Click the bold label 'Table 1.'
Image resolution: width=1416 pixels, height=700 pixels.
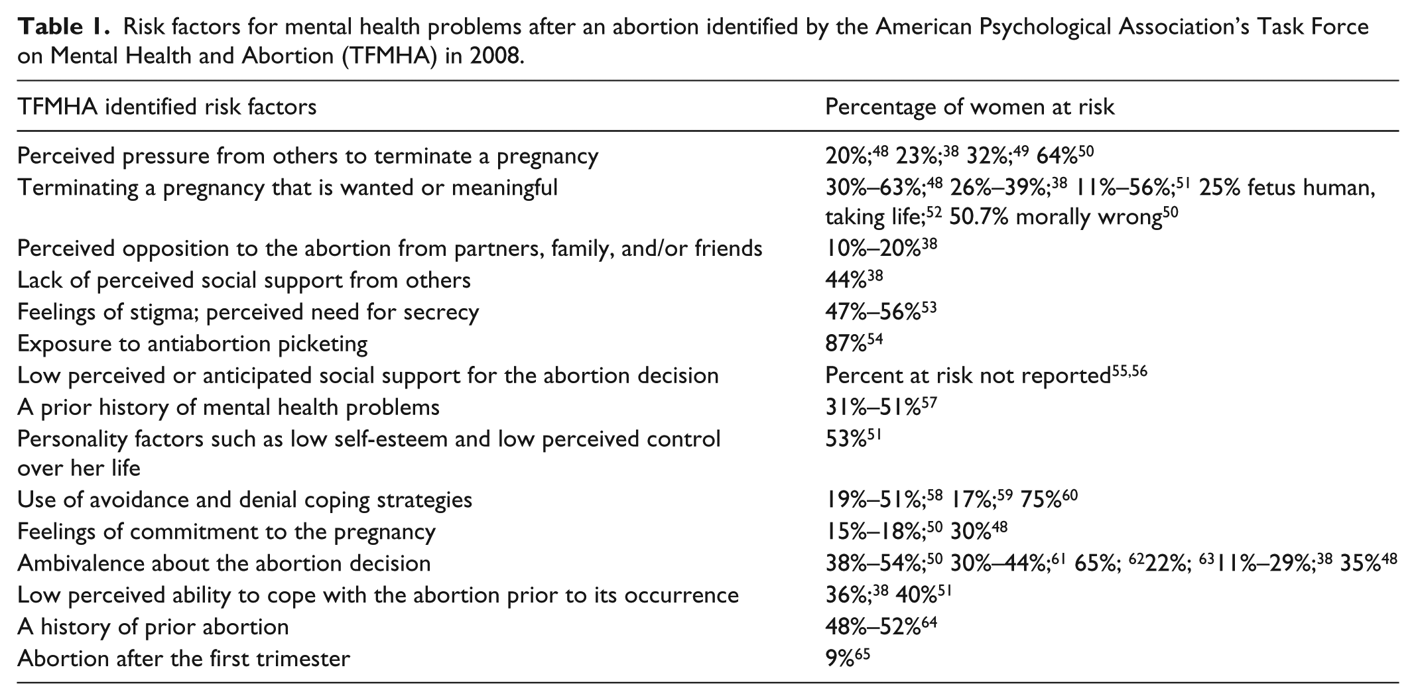point(62,27)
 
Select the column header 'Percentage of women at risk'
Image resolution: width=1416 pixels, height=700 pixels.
point(970,107)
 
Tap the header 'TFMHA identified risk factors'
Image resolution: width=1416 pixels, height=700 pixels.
point(167,107)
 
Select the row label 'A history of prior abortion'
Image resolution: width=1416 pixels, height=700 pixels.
point(153,627)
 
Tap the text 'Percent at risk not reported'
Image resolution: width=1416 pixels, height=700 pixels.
point(968,375)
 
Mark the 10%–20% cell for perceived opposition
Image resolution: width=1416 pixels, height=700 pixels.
point(873,249)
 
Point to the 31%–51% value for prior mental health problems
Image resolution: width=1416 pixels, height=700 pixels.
point(873,406)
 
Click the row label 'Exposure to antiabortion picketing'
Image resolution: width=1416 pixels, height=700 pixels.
point(192,343)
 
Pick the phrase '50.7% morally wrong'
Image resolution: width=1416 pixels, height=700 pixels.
point(1055,217)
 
